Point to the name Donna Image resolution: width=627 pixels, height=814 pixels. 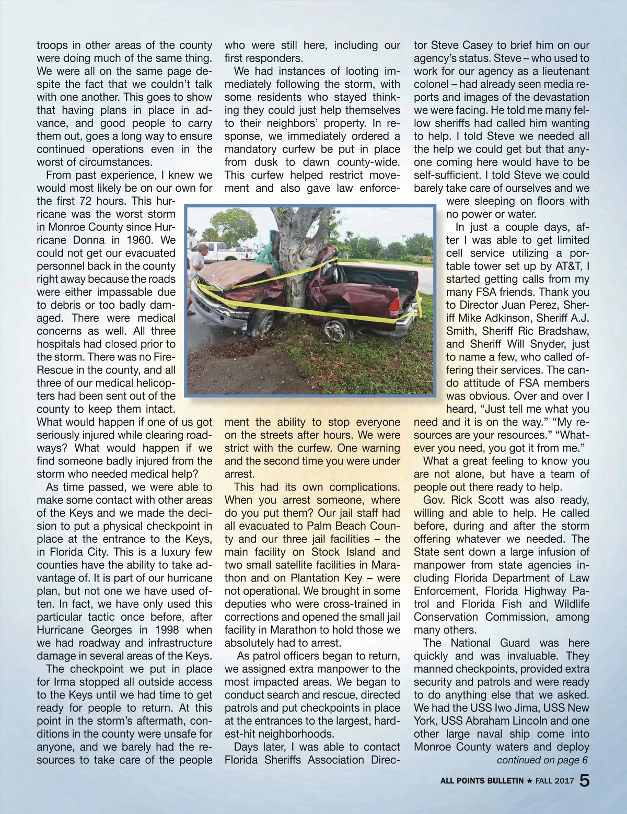pyautogui.click(x=87, y=240)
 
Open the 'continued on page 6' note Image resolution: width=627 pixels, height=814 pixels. pyautogui.click(x=542, y=760)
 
